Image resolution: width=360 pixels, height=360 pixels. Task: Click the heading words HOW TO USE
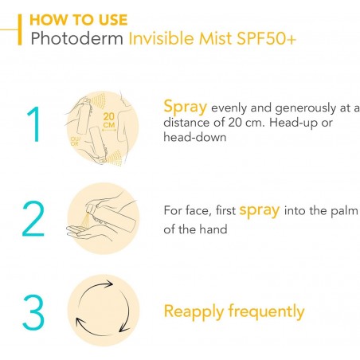(79, 20)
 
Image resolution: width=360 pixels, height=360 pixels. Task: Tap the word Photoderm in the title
(77, 38)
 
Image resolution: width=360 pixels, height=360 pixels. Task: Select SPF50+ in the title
(266, 38)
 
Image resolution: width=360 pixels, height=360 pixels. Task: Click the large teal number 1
(34, 124)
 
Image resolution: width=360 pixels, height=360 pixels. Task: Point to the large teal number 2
(33, 218)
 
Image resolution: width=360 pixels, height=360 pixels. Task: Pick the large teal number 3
(33, 312)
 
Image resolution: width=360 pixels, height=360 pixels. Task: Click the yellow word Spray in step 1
(186, 108)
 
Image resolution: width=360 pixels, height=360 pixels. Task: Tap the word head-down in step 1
(195, 137)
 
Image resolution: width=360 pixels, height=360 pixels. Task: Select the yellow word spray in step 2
(260, 210)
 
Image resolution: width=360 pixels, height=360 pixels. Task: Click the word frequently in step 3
(266, 312)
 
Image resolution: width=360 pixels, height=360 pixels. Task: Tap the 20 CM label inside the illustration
(109, 120)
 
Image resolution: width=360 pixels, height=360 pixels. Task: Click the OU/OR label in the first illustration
(75, 141)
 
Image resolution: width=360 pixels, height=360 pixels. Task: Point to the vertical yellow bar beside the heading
(20, 29)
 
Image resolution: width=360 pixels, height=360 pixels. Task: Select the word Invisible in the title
(162, 38)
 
